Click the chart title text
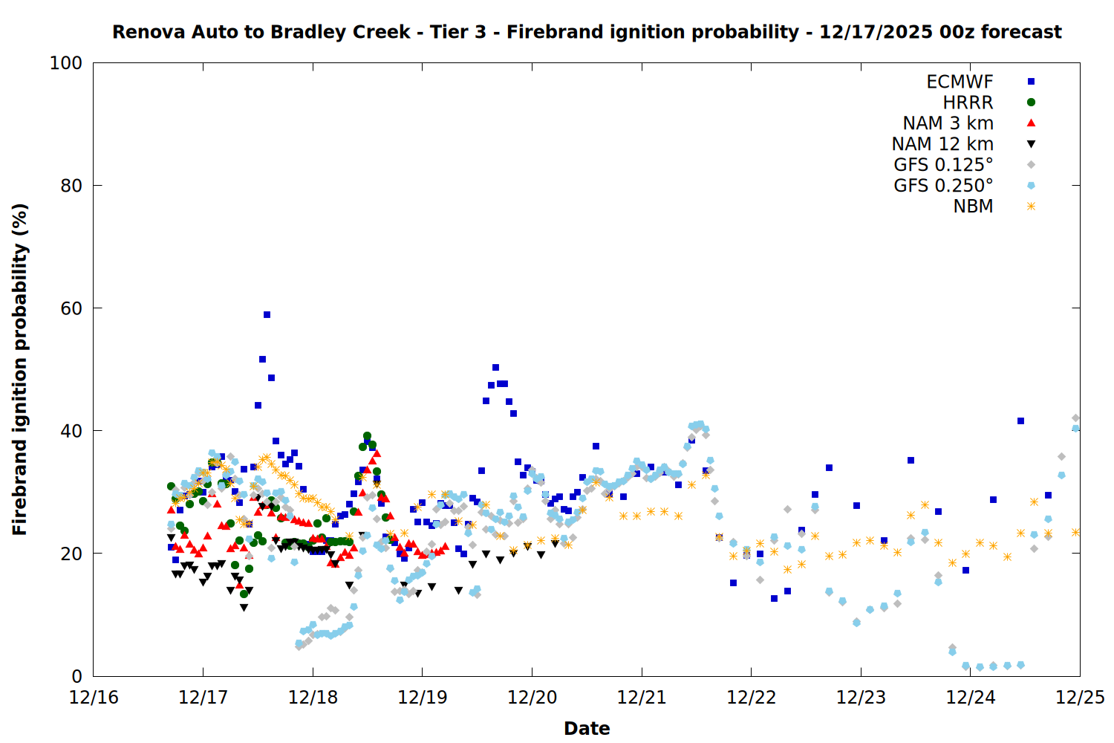[587, 32]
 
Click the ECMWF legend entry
[960, 82]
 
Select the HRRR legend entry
[968, 103]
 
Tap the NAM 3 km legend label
[948, 123]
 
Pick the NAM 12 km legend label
[942, 144]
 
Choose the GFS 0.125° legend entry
[943, 165]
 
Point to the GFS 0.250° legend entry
[943, 186]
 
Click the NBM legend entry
[973, 207]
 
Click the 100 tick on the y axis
[66, 63]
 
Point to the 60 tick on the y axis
[71, 308]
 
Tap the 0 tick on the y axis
[76, 676]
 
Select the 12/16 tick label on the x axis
[94, 698]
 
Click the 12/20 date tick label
[532, 698]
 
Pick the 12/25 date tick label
[1080, 698]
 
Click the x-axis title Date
[587, 728]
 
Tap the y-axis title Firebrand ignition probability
[20, 369]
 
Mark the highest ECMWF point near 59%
[267, 314]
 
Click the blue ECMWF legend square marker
[1031, 82]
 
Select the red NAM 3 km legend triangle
[1031, 123]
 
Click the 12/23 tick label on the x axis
[861, 698]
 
